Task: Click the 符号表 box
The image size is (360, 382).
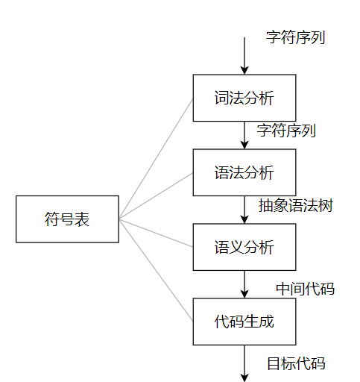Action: tap(67, 219)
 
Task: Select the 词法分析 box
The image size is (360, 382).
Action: tap(244, 98)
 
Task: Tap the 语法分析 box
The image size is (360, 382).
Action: tap(244, 172)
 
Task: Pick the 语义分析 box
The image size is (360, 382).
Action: tap(244, 247)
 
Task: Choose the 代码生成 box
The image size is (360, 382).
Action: tap(244, 322)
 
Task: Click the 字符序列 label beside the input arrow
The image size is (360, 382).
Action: tap(295, 37)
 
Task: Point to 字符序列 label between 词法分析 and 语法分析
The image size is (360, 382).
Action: tap(286, 131)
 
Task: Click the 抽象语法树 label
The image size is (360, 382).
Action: tap(296, 205)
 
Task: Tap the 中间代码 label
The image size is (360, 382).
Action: tap(306, 289)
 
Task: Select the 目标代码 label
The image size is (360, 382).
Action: tap(296, 363)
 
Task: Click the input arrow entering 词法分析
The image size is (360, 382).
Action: tap(244, 56)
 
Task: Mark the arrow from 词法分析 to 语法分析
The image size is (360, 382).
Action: tap(244, 135)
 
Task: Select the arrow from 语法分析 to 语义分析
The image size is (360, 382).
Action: tap(244, 210)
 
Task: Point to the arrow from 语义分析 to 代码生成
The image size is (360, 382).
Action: tap(244, 284)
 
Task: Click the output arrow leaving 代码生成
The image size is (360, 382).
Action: tap(244, 363)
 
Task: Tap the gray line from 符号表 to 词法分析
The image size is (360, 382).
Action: tap(156, 159)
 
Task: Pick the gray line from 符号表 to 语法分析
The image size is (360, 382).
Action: tap(156, 196)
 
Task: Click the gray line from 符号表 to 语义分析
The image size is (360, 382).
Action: tap(156, 233)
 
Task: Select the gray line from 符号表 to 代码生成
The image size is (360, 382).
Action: tap(156, 270)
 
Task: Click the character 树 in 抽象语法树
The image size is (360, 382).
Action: tap(326, 205)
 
